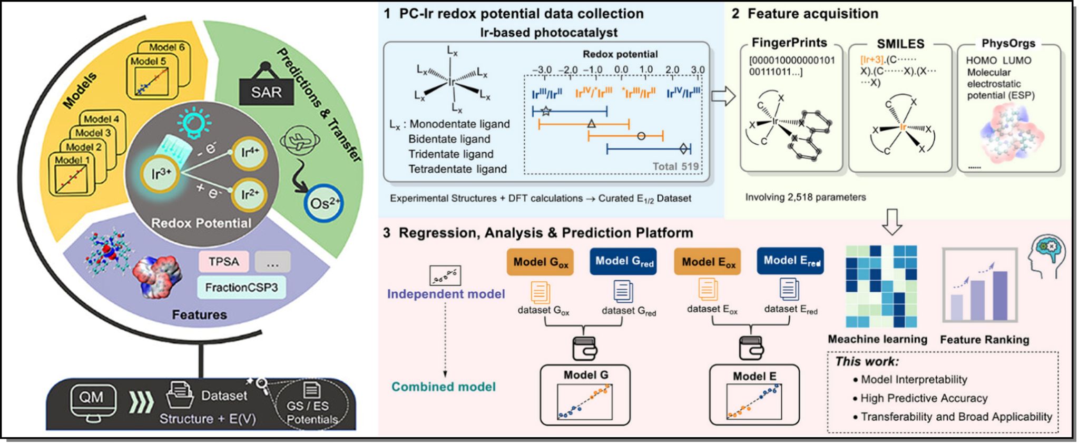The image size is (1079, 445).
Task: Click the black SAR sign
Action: pos(266,92)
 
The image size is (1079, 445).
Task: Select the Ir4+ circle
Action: pos(250,153)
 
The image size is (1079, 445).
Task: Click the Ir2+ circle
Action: pos(250,195)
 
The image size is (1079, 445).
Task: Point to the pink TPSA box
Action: pos(223,262)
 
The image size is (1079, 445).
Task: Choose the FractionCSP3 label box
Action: pos(241,288)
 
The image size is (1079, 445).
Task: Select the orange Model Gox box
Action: pos(540,262)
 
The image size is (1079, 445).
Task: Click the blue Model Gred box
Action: pos(624,261)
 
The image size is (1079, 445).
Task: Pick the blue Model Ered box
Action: pos(790,261)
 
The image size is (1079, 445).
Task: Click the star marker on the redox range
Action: pos(546,111)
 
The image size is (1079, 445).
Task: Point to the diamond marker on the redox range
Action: pos(684,149)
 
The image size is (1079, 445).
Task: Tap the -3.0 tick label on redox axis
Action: pos(542,70)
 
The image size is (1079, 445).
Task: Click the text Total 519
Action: pos(675,166)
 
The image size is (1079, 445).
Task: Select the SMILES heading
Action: pos(900,44)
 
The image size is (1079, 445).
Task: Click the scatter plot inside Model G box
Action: pos(585,402)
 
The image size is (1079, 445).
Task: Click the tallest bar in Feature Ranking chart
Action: pos(999,295)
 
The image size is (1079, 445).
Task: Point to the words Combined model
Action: pos(444,387)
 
